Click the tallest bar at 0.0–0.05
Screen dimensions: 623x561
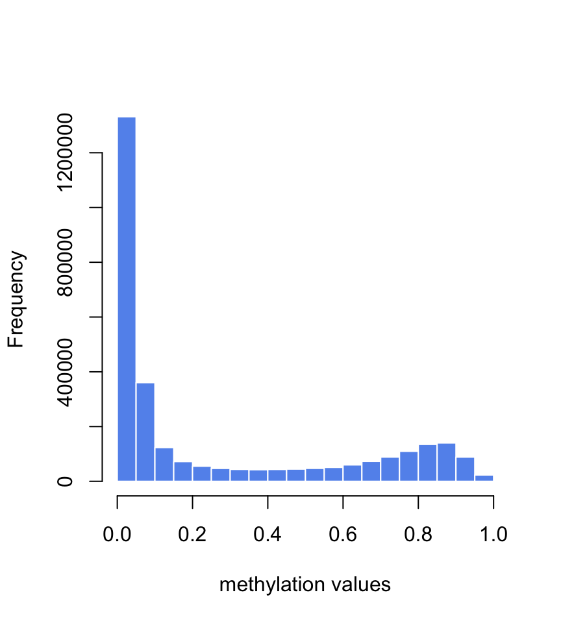click(127, 299)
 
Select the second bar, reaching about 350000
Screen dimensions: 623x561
click(145, 432)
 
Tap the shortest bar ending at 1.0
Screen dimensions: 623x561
click(484, 478)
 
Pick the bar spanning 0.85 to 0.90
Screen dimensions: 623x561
click(447, 462)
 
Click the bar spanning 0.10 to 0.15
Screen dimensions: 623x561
click(164, 464)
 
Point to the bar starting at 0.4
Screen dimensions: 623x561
click(277, 475)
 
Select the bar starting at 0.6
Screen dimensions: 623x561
click(353, 473)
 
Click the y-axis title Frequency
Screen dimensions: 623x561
click(16, 299)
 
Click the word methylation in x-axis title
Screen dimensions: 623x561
click(271, 585)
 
